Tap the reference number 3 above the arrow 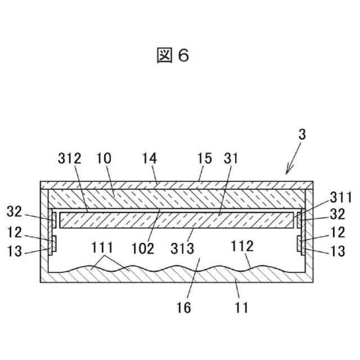pos(302,134)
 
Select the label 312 pos(69,159)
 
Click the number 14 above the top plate pos(150,159)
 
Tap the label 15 pos(204,159)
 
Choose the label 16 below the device pos(183,308)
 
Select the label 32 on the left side pos(15,213)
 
